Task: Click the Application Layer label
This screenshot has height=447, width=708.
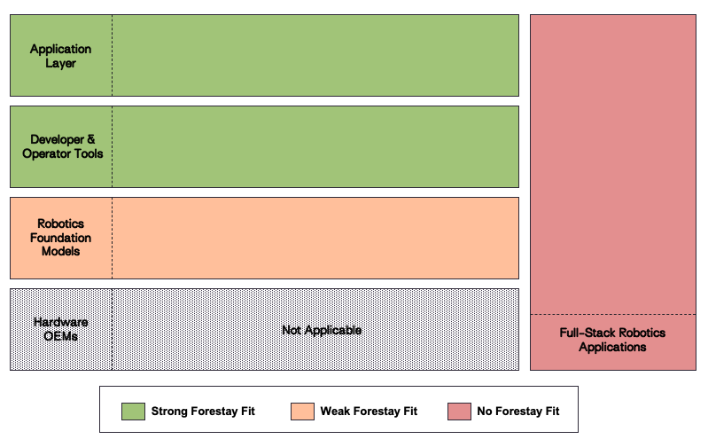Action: [x=60, y=56]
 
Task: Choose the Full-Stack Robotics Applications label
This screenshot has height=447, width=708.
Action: [x=612, y=340]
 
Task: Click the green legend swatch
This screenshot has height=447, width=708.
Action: [x=133, y=411]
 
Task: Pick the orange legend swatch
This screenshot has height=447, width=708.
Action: [x=302, y=411]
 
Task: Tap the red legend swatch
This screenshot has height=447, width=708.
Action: [x=459, y=411]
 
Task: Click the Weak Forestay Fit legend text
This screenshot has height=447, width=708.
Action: [x=369, y=412]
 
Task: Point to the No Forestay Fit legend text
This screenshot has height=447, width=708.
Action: [x=518, y=412]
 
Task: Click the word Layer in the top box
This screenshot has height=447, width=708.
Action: [x=60, y=63]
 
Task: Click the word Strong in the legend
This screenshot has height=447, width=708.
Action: [x=168, y=412]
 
